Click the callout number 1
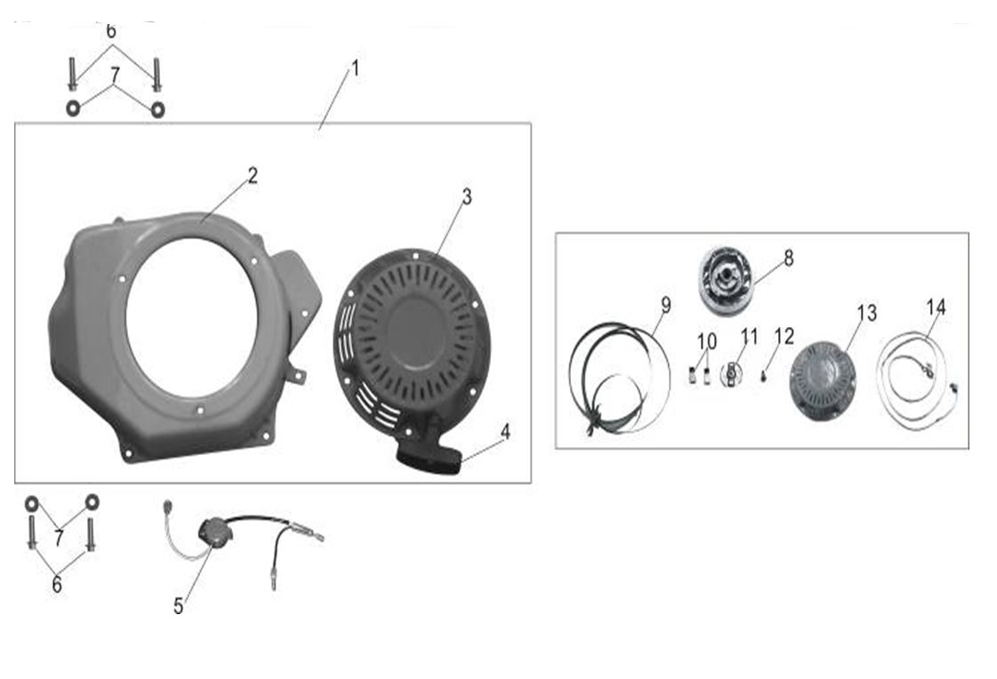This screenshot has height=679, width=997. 356,68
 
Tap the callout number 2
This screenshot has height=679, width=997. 253,175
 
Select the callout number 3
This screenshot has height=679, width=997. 467,197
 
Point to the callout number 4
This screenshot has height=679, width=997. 505,433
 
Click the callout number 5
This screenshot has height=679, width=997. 179,606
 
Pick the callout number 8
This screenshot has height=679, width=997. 789,258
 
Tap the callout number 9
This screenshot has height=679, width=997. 666,306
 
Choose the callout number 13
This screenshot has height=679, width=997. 866,313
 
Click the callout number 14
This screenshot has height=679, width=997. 936,308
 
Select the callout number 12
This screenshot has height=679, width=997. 784,337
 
